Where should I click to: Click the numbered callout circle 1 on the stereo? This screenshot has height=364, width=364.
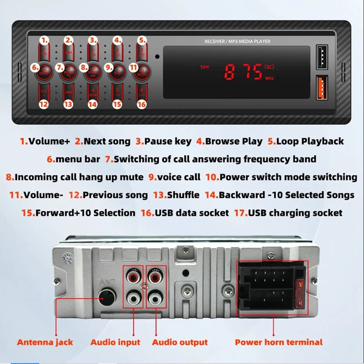pyautogui.click(x=44, y=40)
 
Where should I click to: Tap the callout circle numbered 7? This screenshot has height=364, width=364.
pyautogui.click(x=60, y=67)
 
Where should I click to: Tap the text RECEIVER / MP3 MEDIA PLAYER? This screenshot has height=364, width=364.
pyautogui.click(x=238, y=41)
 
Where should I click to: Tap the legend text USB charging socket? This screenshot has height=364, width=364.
pyautogui.click(x=295, y=212)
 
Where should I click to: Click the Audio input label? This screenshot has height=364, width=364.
pyautogui.click(x=115, y=342)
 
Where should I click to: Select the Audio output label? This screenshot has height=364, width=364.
pyautogui.click(x=180, y=342)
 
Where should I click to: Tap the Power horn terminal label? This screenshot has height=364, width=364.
pyautogui.click(x=278, y=342)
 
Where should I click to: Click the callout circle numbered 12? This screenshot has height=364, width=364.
pyautogui.click(x=44, y=104)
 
